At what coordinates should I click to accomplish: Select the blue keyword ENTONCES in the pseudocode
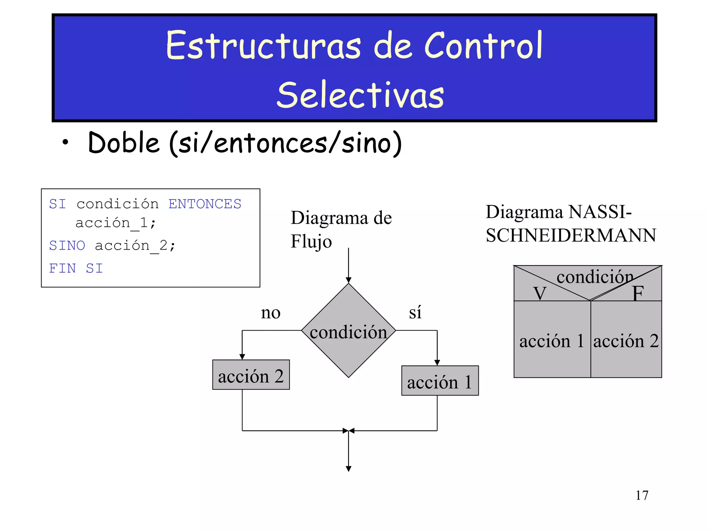pos(205,204)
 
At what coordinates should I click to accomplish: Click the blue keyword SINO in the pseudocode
pos(67,245)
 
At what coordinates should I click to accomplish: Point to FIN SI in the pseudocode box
pos(76,268)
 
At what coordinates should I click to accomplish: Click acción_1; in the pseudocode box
pos(116,223)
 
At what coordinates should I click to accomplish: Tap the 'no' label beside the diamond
pos(270,313)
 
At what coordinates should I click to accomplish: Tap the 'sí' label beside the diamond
pos(415,312)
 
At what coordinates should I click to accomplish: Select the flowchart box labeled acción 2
pos(251,375)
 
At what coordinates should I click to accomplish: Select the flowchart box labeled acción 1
pos(440,381)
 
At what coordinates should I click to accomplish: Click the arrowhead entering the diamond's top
pos(349,280)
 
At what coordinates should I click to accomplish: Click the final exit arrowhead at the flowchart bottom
pos(349,469)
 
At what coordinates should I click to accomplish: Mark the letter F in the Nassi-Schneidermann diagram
pos(638,293)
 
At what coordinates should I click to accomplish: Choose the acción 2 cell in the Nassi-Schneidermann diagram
pos(626,341)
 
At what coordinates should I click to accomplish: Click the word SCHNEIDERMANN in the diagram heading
pos(571,236)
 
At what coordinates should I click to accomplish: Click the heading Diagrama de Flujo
pos(341,229)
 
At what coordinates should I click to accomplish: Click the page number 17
pos(642,495)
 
